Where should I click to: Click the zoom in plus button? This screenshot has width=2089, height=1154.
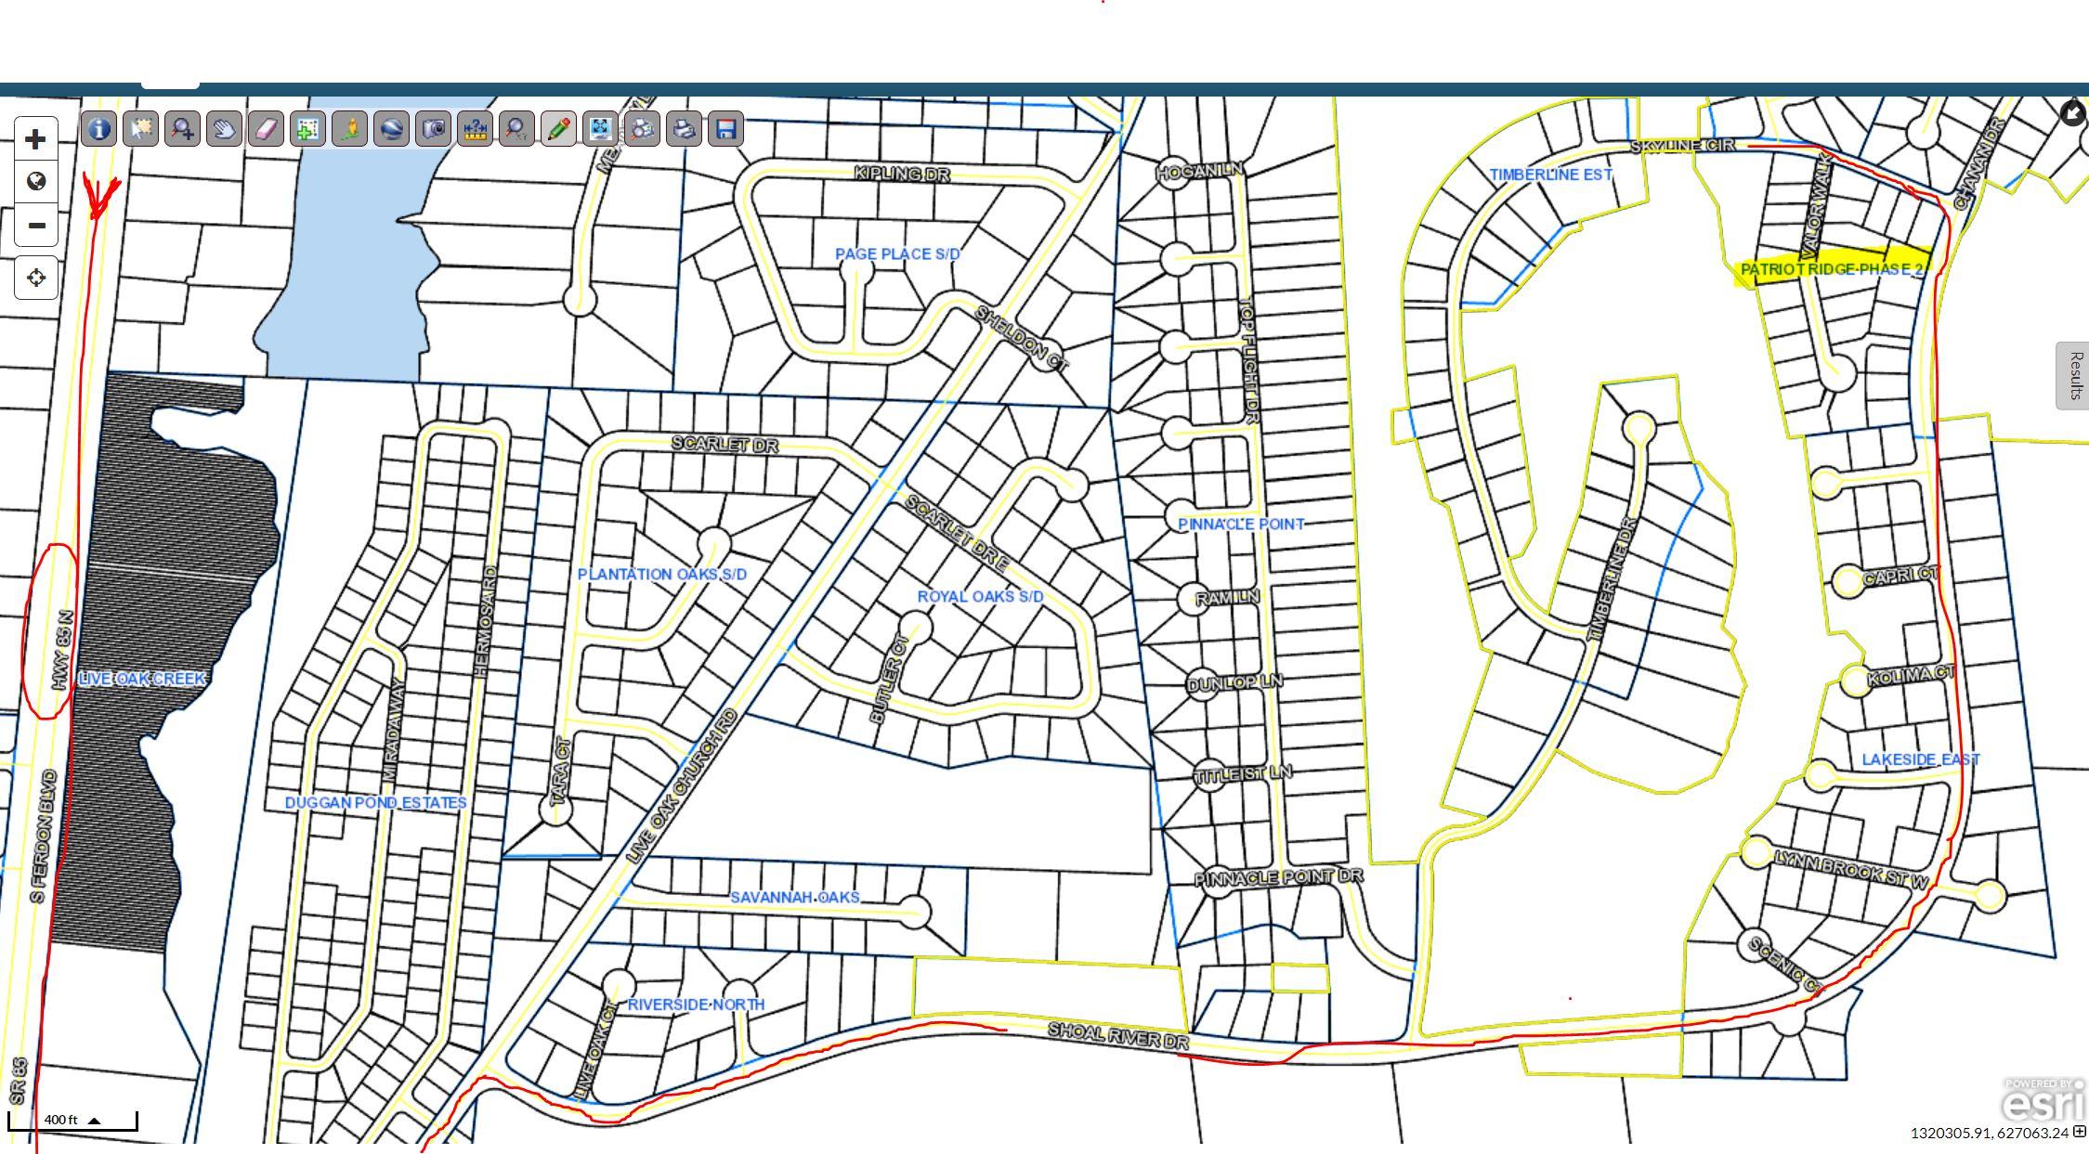click(x=35, y=139)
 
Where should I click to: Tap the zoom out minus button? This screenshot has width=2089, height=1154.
click(x=35, y=225)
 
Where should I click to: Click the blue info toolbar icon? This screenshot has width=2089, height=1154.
click(x=98, y=128)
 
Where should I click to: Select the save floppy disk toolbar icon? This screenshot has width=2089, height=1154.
click(x=725, y=128)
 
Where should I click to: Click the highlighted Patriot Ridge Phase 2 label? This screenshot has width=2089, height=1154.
click(x=1831, y=269)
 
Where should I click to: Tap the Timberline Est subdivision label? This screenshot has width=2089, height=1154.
click(x=1550, y=175)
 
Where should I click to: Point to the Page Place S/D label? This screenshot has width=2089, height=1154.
click(x=896, y=253)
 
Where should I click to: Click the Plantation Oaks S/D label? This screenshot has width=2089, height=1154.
click(x=661, y=574)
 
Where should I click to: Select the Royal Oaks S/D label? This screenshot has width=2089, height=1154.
click(x=980, y=596)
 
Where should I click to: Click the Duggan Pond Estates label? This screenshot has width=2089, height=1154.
click(x=375, y=802)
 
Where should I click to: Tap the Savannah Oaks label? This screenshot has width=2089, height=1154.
click(x=794, y=897)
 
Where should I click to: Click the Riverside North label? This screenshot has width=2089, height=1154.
click(x=696, y=1004)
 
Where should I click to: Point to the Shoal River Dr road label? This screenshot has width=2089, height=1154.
click(x=1117, y=1035)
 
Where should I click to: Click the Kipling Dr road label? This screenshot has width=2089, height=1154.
click(x=901, y=174)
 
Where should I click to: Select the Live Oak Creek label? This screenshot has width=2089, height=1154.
click(x=141, y=679)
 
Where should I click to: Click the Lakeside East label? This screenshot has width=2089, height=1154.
click(x=1920, y=759)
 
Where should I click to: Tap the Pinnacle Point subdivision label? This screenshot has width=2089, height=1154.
click(x=1241, y=524)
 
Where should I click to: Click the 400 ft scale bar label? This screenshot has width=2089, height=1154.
click(x=61, y=1120)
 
